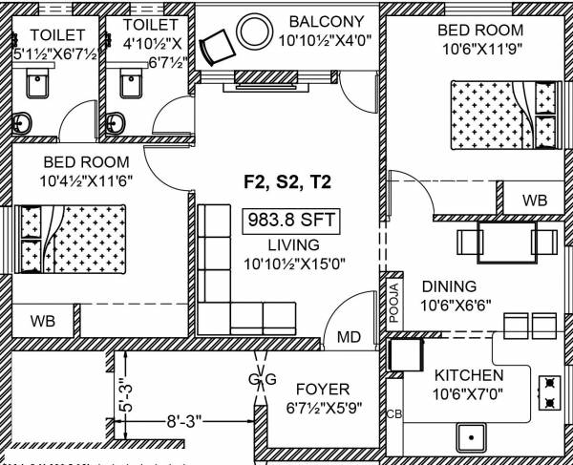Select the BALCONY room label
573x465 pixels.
click(x=327, y=21)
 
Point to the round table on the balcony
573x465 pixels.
click(x=254, y=30)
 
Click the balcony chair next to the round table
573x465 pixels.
click(x=219, y=44)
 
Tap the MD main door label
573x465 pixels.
click(x=348, y=336)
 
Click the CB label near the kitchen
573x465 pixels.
click(x=393, y=413)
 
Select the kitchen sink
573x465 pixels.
click(x=473, y=438)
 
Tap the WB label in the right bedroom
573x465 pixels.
click(x=535, y=201)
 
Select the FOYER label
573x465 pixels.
click(x=321, y=389)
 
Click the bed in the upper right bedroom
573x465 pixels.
click(x=503, y=113)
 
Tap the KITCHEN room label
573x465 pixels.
click(x=468, y=375)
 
